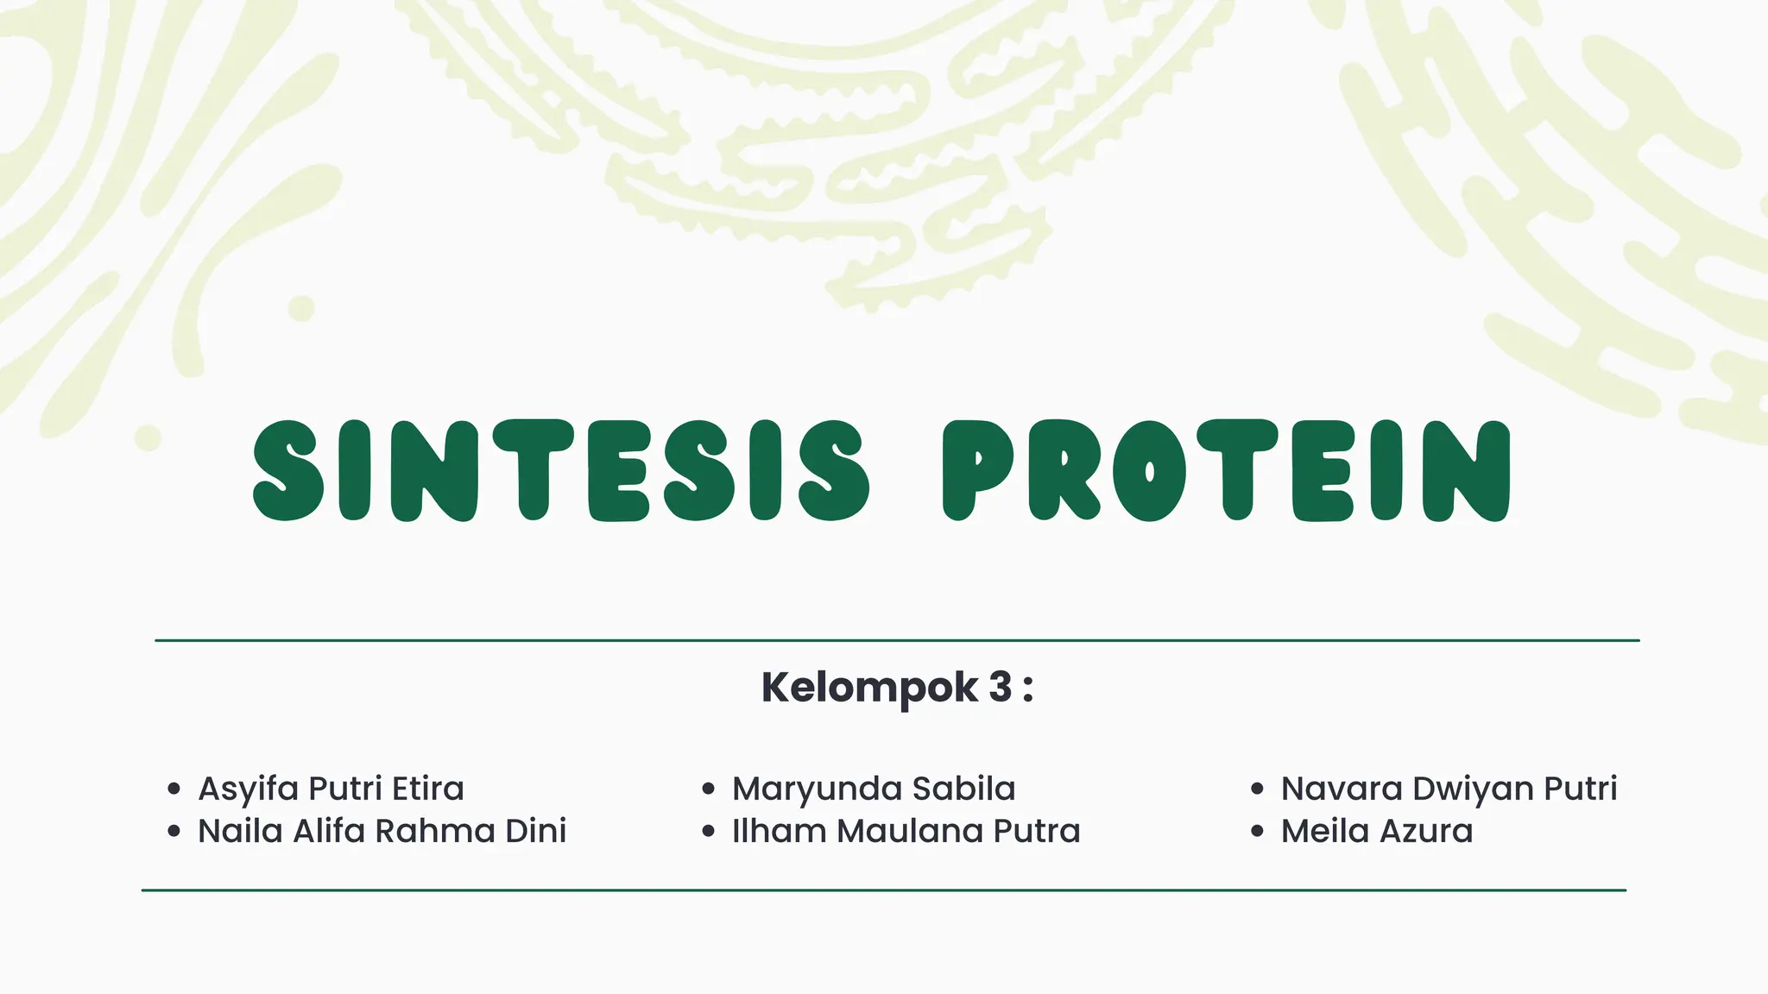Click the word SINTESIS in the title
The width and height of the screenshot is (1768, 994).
click(561, 471)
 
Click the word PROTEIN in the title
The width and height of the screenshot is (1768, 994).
click(1226, 471)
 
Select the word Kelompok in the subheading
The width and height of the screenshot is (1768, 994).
click(869, 688)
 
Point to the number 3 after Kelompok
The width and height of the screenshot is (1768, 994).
click(1000, 688)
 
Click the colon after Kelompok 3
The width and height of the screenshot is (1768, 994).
click(1027, 690)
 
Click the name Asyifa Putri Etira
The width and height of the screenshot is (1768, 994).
click(331, 789)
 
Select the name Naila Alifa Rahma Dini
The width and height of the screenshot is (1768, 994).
click(382, 831)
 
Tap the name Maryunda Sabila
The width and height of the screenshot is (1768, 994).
click(874, 789)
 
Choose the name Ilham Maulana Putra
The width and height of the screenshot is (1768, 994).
click(906, 831)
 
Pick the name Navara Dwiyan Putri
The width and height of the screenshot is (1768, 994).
click(1449, 789)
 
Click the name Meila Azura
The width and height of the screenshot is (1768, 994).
click(1376, 831)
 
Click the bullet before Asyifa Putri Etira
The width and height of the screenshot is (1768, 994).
click(174, 789)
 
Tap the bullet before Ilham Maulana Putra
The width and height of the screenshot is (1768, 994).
click(709, 832)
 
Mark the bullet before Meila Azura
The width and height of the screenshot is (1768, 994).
click(1257, 832)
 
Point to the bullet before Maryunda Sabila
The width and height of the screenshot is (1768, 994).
click(709, 789)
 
